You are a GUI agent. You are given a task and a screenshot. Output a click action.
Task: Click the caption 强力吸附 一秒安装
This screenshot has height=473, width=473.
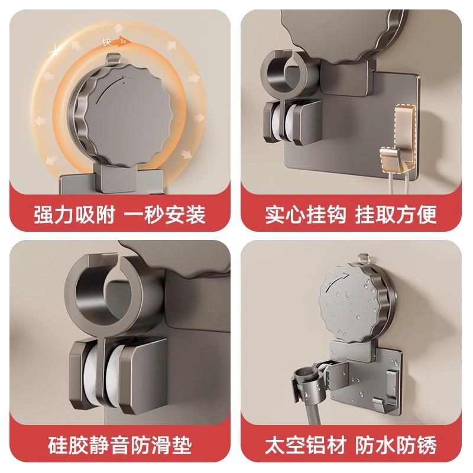[x=118, y=214]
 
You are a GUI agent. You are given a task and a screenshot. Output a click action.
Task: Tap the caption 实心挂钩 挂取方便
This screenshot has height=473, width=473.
[x=355, y=214]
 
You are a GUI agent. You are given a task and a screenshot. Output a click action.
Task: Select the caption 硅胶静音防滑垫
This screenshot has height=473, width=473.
[x=118, y=445]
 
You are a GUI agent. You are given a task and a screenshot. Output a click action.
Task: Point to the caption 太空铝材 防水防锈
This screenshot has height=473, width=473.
[x=355, y=445]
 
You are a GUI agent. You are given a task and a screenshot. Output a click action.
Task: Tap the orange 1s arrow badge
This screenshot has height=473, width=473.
[x=122, y=42]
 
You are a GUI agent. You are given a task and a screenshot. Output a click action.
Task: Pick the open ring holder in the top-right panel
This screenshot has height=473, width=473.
[x=287, y=74]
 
